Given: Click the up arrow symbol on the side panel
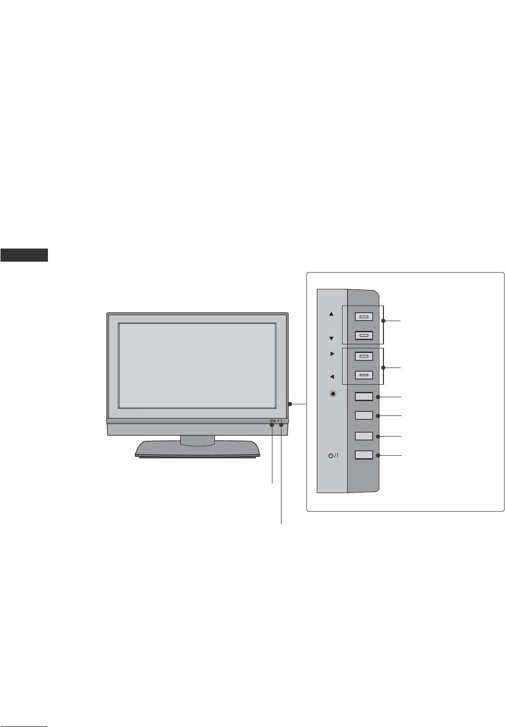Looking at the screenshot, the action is click(x=331, y=314).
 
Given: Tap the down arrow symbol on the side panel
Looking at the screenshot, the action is click(x=331, y=338).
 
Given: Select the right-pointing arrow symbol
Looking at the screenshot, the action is click(x=332, y=354).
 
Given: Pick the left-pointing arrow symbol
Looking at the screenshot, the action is click(x=332, y=376).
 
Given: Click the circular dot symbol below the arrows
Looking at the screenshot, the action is click(x=332, y=394).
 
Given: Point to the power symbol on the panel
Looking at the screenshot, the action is click(x=333, y=456).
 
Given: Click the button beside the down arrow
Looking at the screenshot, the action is click(x=364, y=335).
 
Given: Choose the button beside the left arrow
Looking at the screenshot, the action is click(x=364, y=375).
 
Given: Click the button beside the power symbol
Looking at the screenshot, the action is click(x=364, y=455).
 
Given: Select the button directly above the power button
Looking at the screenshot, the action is click(x=364, y=436).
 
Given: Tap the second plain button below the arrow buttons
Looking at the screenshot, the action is click(x=364, y=415).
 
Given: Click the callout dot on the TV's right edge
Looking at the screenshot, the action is click(x=291, y=404).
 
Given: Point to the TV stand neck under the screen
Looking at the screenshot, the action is click(x=197, y=441).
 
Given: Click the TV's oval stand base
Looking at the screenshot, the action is click(x=198, y=450).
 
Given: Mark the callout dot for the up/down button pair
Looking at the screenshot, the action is click(x=383, y=321).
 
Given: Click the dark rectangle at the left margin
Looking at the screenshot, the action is click(x=24, y=255).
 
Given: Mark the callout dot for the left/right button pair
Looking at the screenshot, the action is click(x=383, y=368).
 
